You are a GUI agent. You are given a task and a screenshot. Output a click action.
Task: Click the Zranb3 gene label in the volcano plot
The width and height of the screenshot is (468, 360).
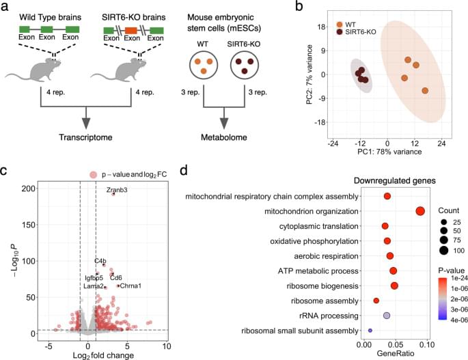click(x=116, y=189)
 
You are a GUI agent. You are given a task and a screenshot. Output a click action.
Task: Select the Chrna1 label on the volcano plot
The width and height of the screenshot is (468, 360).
click(x=130, y=286)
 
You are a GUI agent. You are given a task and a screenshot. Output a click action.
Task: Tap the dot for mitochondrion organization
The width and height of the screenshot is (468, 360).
click(x=421, y=212)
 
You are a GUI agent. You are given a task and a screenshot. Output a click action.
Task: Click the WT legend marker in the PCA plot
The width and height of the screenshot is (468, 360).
click(x=340, y=22)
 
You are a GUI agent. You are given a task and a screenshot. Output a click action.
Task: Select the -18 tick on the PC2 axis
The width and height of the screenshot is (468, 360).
click(x=319, y=123)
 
